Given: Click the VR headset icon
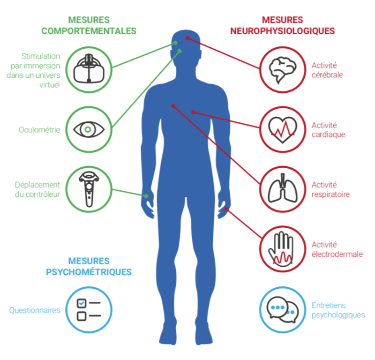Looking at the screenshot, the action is [89, 68].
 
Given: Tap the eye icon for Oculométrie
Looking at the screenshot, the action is [89, 130].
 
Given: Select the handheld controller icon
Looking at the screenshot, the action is [89, 189].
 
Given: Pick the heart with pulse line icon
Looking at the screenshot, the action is [283, 130].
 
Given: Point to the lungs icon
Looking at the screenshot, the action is [283, 188].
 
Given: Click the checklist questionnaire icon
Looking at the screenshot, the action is [89, 309].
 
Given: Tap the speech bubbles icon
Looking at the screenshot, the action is [283, 310].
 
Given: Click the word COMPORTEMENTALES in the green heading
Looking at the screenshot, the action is [89, 31].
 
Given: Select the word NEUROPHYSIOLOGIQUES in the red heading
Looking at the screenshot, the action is [283, 31].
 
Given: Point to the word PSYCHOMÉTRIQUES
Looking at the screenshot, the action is [89, 272].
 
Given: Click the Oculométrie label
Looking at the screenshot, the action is [39, 130].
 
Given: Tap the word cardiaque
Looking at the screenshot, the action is [329, 135].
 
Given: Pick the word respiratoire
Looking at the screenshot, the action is [330, 194].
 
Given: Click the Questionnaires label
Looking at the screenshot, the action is [35, 310].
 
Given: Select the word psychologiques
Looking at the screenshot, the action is [338, 315].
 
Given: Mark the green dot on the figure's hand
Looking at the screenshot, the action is [146, 196].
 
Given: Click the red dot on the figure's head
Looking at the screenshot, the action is [187, 38].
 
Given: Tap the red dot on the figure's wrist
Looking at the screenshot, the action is [226, 209].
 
